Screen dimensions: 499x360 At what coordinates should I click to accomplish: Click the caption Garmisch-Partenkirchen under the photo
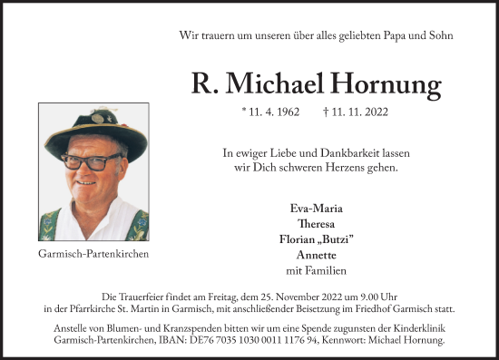point(94,254)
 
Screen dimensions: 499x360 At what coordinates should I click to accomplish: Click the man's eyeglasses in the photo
point(91,164)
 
